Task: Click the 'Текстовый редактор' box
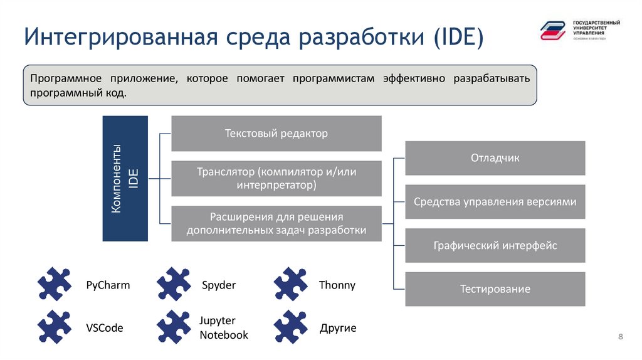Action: (276, 134)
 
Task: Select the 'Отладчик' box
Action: (495, 158)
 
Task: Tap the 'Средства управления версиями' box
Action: (495, 202)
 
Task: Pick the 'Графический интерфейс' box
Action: (495, 245)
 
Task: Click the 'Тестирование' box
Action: (495, 289)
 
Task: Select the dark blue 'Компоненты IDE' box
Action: (125, 179)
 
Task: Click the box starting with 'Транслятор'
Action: (276, 178)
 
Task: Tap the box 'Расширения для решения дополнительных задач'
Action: (276, 223)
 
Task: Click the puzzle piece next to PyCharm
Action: (55, 284)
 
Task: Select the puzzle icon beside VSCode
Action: (55, 327)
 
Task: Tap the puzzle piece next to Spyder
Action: (174, 284)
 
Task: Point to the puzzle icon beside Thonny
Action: (291, 284)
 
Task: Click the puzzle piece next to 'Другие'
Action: (291, 327)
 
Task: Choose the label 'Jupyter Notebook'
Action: (224, 327)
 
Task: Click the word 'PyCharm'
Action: (108, 285)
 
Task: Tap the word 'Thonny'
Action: (337, 285)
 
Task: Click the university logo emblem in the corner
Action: (553, 29)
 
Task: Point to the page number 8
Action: (621, 337)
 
